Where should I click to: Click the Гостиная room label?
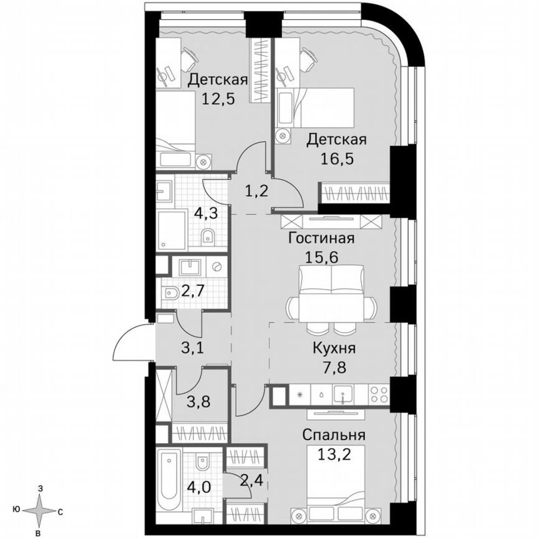pos(321,238)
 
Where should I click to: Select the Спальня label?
pos(334,435)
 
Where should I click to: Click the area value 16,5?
pos(337,159)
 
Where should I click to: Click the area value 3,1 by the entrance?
pos(193,347)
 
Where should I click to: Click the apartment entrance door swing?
pos(130,344)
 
